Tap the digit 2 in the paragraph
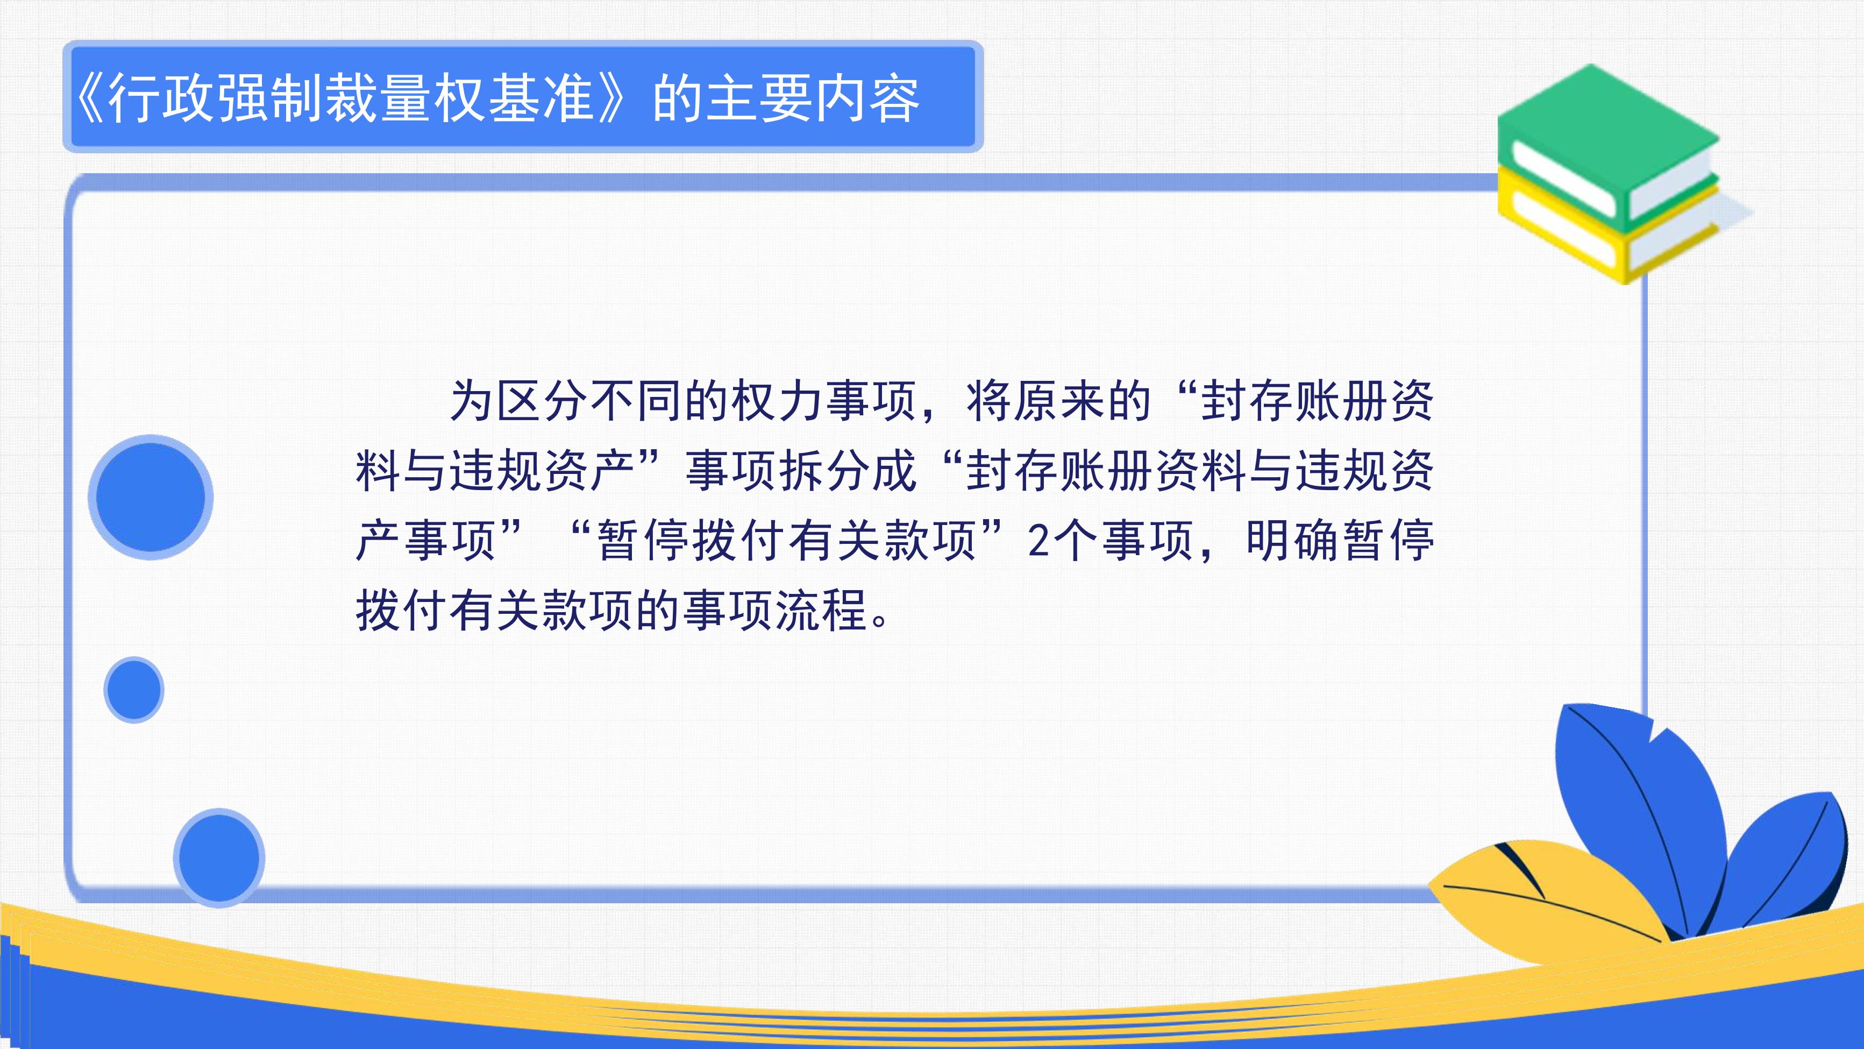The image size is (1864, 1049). (x=1038, y=541)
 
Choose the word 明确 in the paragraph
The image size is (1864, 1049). (x=1293, y=541)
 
